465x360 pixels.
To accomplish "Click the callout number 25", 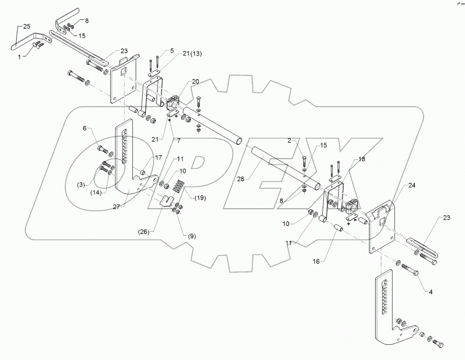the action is click(x=27, y=27).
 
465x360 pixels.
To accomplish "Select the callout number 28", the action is click(x=241, y=179).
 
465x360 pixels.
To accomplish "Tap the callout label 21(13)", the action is click(x=192, y=54).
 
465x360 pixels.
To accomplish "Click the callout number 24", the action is click(x=412, y=186).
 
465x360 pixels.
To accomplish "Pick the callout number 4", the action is click(x=431, y=292).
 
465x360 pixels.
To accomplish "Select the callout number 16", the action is click(x=316, y=261).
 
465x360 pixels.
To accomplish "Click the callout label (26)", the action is click(x=144, y=232).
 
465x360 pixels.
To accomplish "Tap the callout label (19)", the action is click(x=200, y=198).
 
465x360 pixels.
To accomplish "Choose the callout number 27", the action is click(x=116, y=207).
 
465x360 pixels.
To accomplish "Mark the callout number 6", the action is click(x=85, y=128).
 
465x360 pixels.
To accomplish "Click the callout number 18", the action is click(x=362, y=159).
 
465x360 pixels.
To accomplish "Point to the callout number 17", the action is click(x=158, y=157).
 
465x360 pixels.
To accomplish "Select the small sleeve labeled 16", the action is click(x=339, y=230).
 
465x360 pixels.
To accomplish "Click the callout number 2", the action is click(x=289, y=141).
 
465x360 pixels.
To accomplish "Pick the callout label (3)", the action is click(x=81, y=185).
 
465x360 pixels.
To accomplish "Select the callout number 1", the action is click(x=19, y=57).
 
